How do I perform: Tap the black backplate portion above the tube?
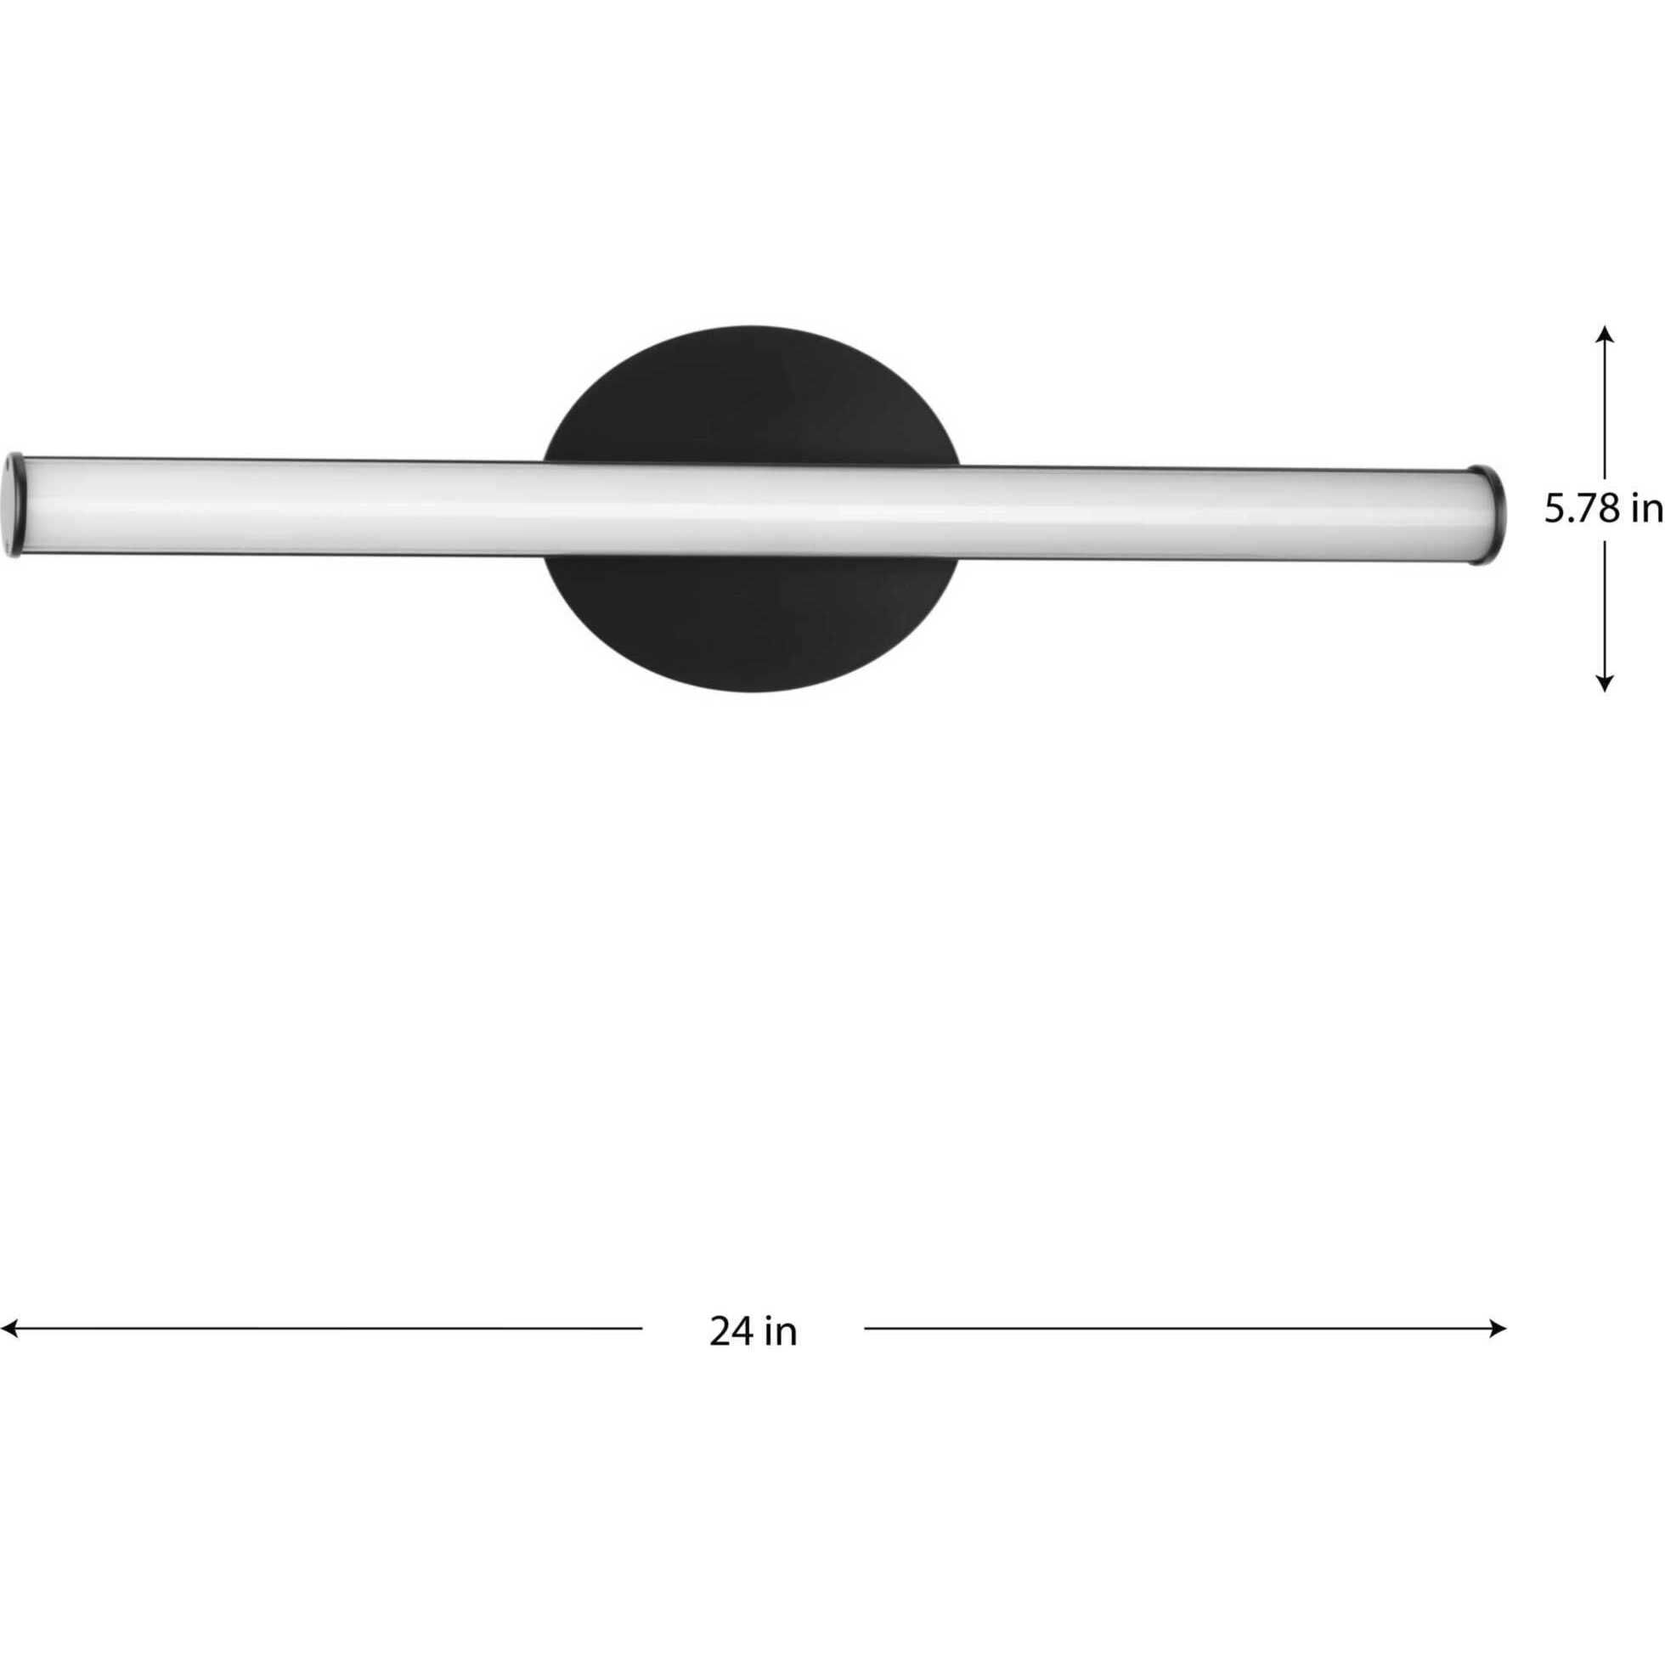coord(752,392)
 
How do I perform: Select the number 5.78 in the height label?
coord(1581,510)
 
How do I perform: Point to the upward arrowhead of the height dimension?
coord(1604,333)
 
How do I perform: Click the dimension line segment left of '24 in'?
coord(328,1328)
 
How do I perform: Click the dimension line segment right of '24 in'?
coord(1181,1328)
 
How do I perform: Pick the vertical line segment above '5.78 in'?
coord(1604,405)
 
